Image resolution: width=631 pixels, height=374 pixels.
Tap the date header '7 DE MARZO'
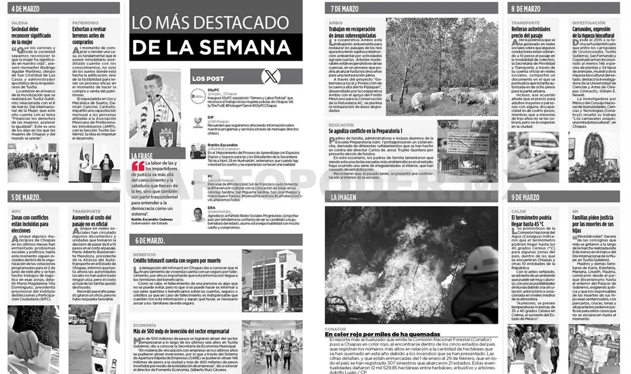pos(344,8)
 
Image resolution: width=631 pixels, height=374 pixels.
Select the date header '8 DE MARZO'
pos(526,8)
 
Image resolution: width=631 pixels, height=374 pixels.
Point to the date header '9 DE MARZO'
pos(526,197)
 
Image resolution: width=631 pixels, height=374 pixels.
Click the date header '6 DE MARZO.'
pos(149,241)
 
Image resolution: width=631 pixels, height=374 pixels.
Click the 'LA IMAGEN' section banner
pos(343,197)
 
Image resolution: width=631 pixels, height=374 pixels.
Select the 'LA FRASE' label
pos(141,155)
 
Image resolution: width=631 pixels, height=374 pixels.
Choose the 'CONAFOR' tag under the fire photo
pos(335,329)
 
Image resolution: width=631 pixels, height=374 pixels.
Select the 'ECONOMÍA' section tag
pos(145,325)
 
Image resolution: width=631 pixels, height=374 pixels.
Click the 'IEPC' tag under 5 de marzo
pos(16,211)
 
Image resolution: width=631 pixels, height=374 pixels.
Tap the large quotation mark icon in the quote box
pos(137,167)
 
